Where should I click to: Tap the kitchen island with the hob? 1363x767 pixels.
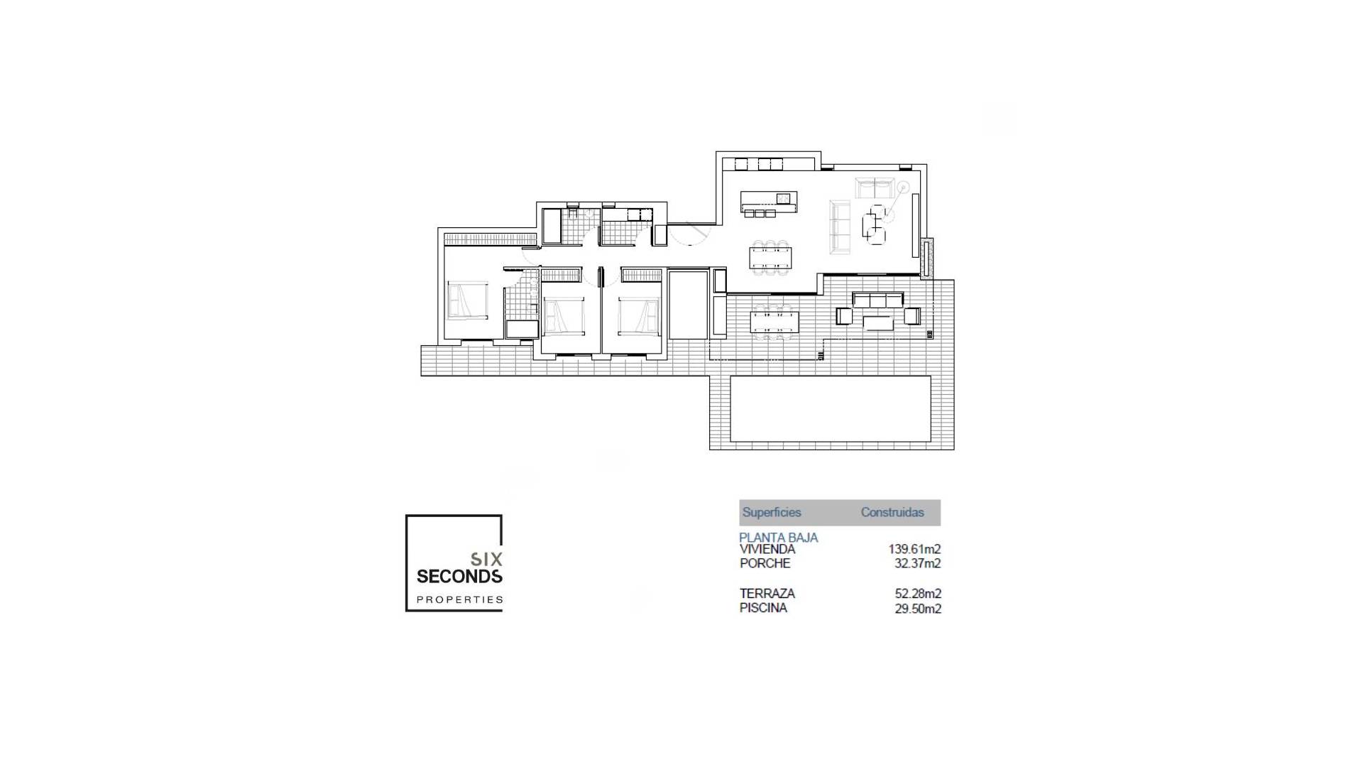coord(769,202)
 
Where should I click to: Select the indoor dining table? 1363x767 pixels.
coord(771,257)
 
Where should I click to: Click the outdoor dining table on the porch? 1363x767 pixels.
coord(774,322)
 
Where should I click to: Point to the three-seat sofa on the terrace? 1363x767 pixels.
coord(878,300)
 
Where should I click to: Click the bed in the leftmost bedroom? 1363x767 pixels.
coord(468,300)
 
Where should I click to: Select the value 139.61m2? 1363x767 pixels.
coord(914,549)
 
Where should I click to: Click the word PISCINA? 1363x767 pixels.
coord(763,608)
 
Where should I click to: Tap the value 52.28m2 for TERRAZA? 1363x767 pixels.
coord(917,593)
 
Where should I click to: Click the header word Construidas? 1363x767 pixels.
coord(892,512)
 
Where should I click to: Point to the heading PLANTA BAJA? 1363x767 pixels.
coord(778,537)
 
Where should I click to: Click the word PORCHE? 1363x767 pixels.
coord(765,563)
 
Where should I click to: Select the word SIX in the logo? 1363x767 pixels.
coord(487,559)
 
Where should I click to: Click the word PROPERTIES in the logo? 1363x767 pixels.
coord(459,599)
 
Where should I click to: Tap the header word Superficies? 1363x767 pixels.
coord(772,512)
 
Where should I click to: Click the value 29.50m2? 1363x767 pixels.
coord(917,609)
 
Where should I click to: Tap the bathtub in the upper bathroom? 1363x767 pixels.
coord(552,226)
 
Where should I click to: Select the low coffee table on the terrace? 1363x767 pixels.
coord(879,322)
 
